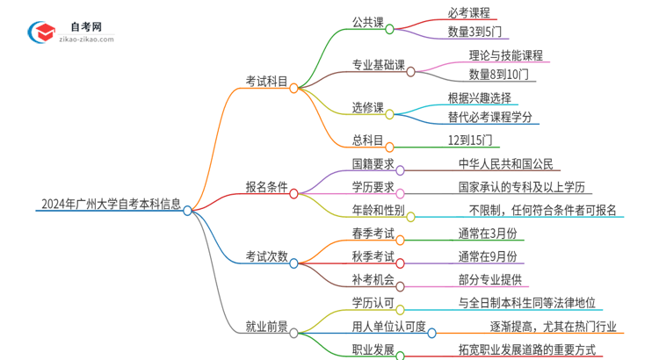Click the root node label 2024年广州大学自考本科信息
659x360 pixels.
click(111, 205)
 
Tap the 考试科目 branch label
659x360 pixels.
click(267, 81)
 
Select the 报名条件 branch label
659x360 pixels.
click(267, 185)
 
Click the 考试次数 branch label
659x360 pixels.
click(267, 256)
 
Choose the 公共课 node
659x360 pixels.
click(367, 23)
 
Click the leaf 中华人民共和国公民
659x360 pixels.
click(507, 163)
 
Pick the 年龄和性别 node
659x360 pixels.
click(378, 210)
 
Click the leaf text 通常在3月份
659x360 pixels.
click(487, 234)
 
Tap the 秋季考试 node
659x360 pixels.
click(373, 256)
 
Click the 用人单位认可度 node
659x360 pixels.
click(389, 327)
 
